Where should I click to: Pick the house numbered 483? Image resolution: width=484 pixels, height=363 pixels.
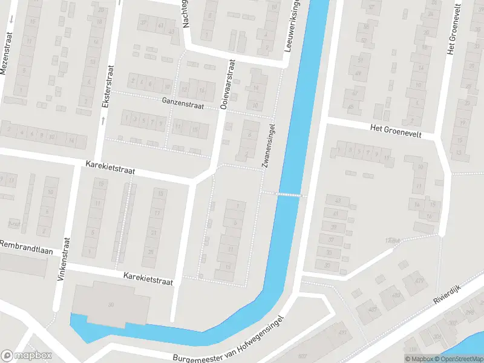pos(396,295)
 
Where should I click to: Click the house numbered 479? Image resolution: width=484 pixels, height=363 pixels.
pos(418,281)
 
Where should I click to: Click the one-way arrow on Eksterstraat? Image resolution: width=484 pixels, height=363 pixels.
pos(103,120)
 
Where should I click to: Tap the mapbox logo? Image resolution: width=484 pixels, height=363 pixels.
pos(27,356)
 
